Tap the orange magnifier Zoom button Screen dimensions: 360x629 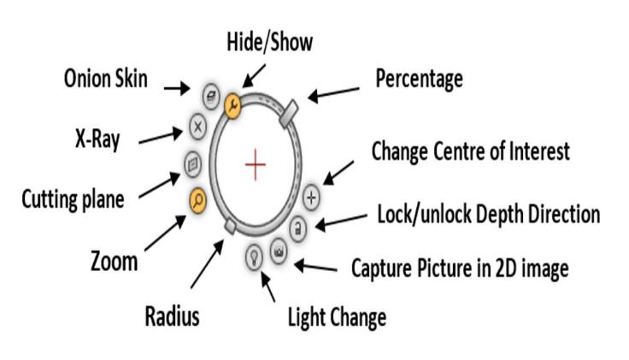[x=197, y=200]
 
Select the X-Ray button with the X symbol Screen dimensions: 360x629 [x=197, y=130]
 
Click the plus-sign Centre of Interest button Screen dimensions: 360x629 [x=311, y=197]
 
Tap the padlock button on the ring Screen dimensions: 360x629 [x=298, y=227]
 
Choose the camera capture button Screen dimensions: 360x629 [x=279, y=251]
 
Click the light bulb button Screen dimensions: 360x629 [x=254, y=254]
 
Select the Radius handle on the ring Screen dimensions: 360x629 [x=228, y=224]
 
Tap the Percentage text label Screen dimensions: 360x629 [x=419, y=80]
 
